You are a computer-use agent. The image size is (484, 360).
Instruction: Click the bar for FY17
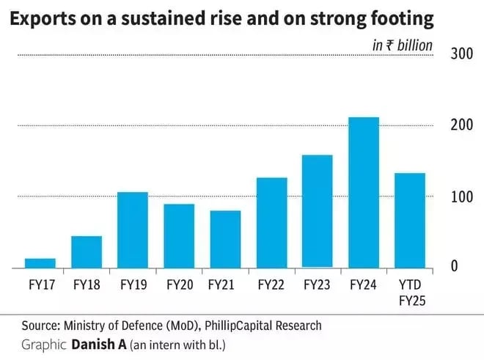(40, 262)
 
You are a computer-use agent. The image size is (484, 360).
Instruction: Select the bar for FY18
(87, 251)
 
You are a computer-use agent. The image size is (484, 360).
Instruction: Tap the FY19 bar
(133, 229)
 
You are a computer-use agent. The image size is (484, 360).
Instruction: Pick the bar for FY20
(179, 235)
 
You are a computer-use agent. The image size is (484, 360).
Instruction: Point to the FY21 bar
(225, 239)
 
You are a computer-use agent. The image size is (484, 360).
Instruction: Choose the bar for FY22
(271, 222)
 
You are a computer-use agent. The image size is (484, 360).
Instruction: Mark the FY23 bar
(318, 211)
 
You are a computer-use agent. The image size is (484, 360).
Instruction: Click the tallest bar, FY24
(364, 192)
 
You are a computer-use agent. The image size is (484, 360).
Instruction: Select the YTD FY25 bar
(410, 220)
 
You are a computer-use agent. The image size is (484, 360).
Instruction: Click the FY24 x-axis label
(363, 284)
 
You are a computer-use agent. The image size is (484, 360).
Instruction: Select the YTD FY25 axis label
(410, 292)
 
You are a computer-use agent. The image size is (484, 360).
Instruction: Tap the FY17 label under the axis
(40, 284)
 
